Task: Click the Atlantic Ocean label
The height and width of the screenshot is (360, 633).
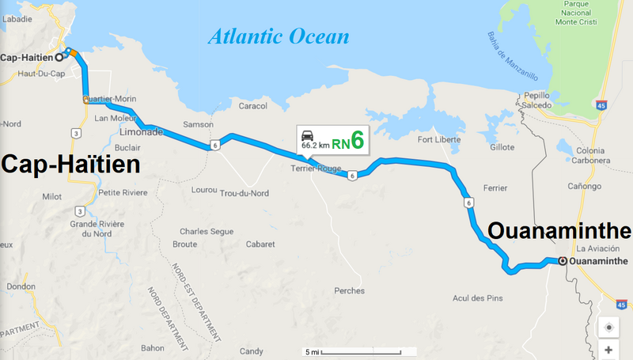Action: pyautogui.click(x=279, y=36)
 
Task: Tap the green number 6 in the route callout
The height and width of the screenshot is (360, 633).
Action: pyautogui.click(x=358, y=141)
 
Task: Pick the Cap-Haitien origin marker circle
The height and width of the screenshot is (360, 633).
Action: pyautogui.click(x=59, y=57)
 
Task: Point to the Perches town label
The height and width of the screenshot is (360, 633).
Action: pyautogui.click(x=349, y=290)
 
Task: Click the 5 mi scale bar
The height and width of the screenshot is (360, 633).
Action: pyautogui.click(x=351, y=351)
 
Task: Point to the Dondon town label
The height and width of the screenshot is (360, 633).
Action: pyautogui.click(x=21, y=286)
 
